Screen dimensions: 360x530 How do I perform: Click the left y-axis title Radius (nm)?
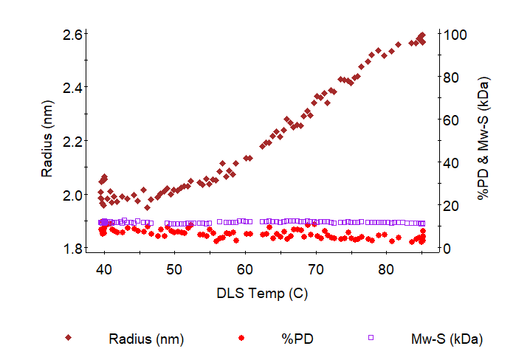[x=47, y=141]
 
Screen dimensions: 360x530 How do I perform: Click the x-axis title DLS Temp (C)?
[x=262, y=293]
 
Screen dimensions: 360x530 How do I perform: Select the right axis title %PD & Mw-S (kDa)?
[x=484, y=140]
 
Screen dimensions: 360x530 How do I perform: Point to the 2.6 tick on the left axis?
[x=72, y=34]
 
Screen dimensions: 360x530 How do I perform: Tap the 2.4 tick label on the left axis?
[x=72, y=87]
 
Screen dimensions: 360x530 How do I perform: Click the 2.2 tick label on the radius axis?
[x=72, y=141]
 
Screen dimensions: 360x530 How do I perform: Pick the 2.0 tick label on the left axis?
[x=72, y=195]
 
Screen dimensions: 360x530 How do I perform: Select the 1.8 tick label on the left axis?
[x=72, y=249]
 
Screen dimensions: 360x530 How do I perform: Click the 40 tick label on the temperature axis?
[x=104, y=270]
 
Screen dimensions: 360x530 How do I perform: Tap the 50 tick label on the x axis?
[x=174, y=270]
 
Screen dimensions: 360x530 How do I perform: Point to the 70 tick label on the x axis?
[x=316, y=270]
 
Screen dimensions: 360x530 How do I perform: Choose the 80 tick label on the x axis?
[x=386, y=270]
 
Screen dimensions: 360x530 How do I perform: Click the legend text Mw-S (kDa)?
[x=446, y=339]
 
